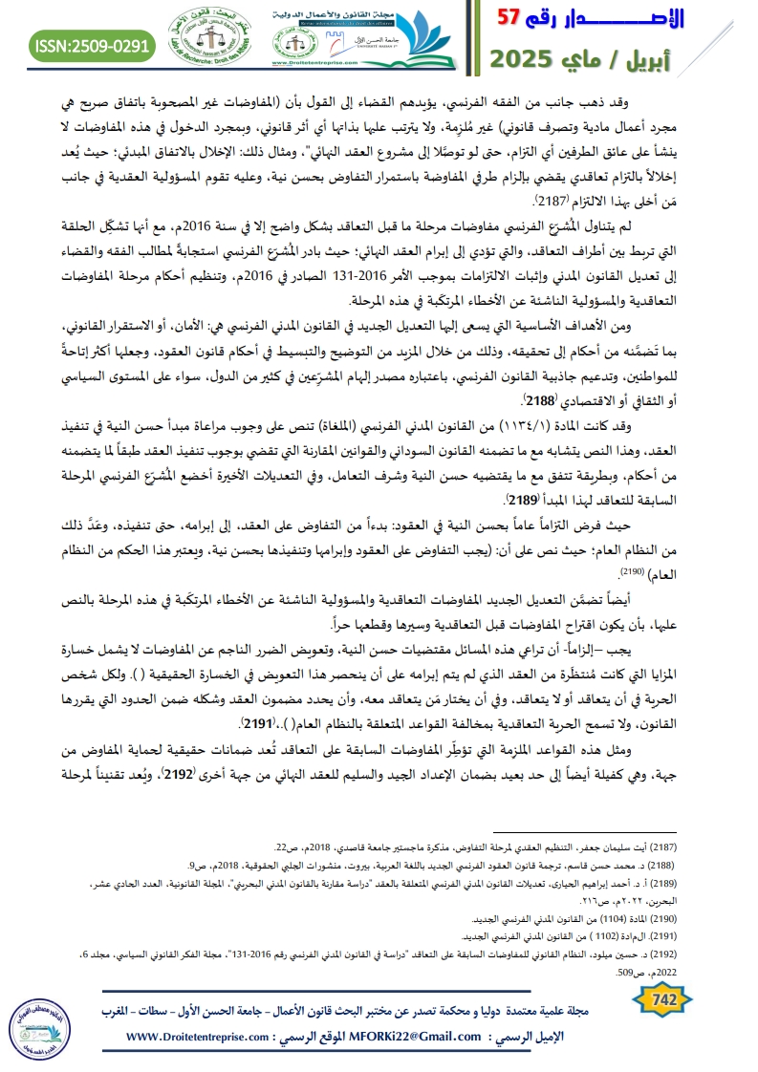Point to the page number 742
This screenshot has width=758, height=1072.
point(662,1001)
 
